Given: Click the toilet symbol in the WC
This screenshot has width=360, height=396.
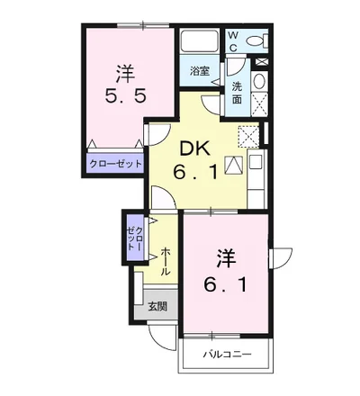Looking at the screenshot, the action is (x=257, y=40).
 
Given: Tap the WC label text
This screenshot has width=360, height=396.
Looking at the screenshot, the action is (x=233, y=41).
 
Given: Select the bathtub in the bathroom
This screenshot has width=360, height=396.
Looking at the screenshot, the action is (x=199, y=41).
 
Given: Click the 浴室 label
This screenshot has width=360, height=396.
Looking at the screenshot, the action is (x=200, y=71).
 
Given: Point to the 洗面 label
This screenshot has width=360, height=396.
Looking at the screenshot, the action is (x=237, y=94).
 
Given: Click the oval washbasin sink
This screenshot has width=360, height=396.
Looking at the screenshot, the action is (x=259, y=81).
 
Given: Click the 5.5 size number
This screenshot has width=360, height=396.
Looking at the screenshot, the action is (x=126, y=96).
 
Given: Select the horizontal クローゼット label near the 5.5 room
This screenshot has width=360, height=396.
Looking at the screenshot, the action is (x=116, y=164).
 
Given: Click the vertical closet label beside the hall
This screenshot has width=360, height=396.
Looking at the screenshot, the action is (x=135, y=238).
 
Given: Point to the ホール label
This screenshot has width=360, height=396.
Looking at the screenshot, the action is (x=166, y=261).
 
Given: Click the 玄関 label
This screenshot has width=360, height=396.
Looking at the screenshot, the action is (x=157, y=306).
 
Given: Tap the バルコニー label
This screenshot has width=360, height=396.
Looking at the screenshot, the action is (x=227, y=355).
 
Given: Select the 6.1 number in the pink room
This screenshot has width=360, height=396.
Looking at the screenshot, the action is (x=226, y=285).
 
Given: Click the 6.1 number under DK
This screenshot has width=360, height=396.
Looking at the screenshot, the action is (x=195, y=173).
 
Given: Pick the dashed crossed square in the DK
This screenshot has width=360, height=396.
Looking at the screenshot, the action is (x=248, y=136).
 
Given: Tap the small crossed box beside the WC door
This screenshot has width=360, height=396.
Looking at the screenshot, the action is (x=261, y=62).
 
